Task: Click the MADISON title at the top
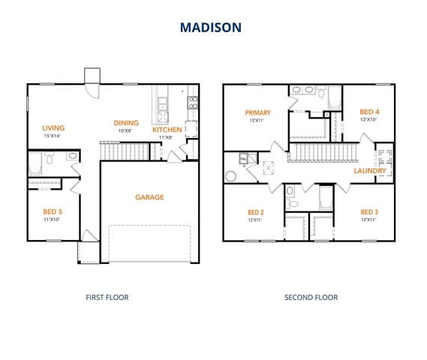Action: [211, 28]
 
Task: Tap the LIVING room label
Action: [54, 127]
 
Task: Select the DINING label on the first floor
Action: [125, 123]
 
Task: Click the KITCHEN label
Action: [167, 130]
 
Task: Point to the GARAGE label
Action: [149, 197]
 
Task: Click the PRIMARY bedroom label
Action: [257, 112]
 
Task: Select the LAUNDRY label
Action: [370, 170]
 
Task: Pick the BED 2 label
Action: [257, 211]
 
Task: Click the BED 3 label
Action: [368, 211]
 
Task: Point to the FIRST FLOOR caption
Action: [107, 298]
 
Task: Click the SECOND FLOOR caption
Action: [311, 298]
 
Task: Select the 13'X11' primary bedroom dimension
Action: [257, 120]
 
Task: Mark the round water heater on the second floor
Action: [230, 177]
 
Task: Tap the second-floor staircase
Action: [316, 153]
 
